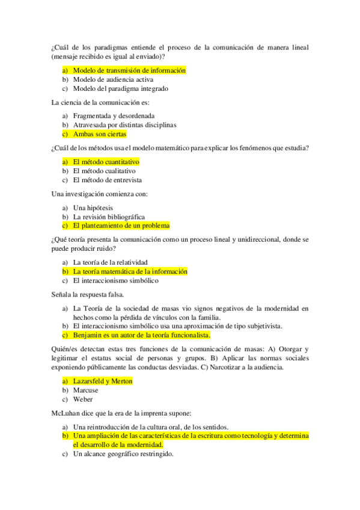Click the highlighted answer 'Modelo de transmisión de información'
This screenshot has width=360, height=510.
tap(129, 70)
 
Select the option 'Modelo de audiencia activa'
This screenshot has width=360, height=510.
tap(113, 79)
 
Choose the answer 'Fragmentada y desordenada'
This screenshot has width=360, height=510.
tap(114, 115)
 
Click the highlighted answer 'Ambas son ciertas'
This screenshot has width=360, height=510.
tap(100, 134)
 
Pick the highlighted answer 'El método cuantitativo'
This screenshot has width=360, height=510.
tap(106, 162)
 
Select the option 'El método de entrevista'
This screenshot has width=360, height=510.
tap(107, 180)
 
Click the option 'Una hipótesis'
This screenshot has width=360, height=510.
tap(93, 207)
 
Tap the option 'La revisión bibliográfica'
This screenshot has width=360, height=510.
tap(109, 217)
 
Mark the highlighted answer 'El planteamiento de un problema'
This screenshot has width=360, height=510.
tap(121, 226)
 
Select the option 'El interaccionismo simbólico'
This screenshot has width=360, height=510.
tap(115, 280)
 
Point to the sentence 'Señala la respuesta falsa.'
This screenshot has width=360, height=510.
tap(88, 295)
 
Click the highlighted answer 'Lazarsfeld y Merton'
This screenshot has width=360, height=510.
tap(102, 381)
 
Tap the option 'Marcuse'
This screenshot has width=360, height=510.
tap(85, 390)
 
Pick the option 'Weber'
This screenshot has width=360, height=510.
tap(82, 399)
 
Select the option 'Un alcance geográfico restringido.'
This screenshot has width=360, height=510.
tap(123, 454)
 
